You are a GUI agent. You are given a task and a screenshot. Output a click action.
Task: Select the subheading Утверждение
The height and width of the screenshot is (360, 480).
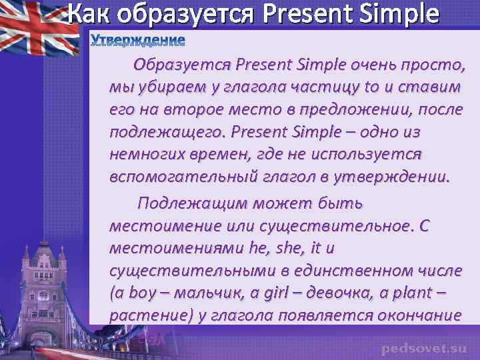tap(137, 41)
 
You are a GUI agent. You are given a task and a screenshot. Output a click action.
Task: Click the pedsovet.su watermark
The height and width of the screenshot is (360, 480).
tap(424, 348)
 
